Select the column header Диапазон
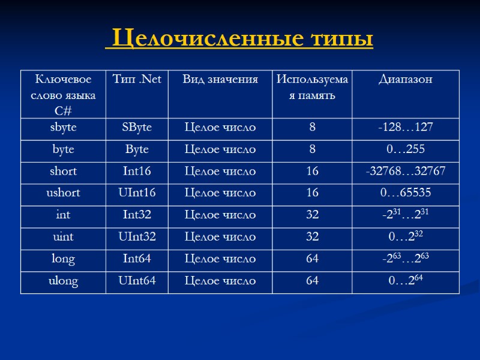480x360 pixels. [x=406, y=80]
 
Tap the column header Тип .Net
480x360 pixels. [x=137, y=79]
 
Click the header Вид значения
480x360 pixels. [x=220, y=79]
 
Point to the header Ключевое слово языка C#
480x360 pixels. [x=63, y=95]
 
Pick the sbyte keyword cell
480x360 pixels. [x=63, y=127]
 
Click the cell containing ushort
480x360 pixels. [x=63, y=193]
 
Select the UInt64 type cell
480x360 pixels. [x=137, y=280]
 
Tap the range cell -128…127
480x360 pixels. [x=406, y=127]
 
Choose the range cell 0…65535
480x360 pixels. [x=406, y=193]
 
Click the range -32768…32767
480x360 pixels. [x=406, y=171]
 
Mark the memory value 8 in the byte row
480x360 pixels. [x=312, y=149]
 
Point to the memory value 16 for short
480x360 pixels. [x=312, y=171]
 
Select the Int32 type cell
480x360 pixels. [x=137, y=215]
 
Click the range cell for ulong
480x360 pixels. [x=406, y=280]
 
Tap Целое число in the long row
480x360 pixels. [x=220, y=259]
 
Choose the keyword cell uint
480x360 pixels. [x=63, y=236]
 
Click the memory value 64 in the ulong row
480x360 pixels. [x=312, y=280]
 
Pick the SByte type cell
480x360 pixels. [x=137, y=127]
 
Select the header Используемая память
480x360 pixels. [x=312, y=88]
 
